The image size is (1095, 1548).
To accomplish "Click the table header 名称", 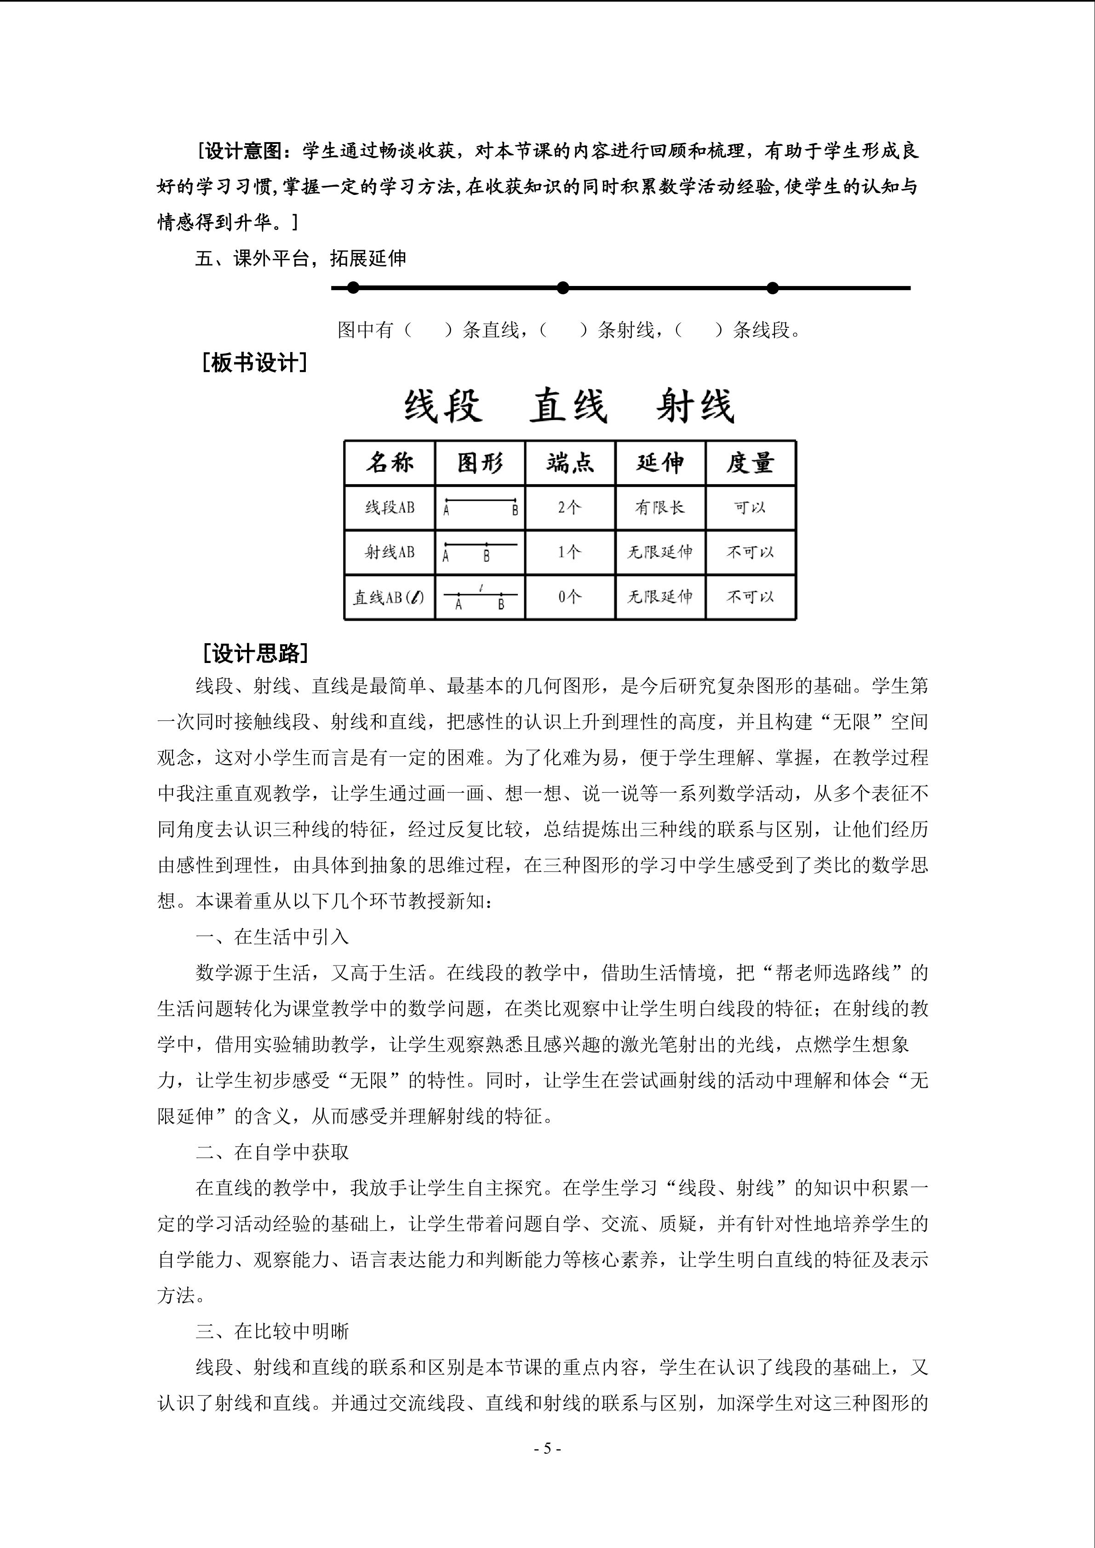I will (x=390, y=463).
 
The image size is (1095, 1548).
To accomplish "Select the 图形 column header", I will (x=480, y=463).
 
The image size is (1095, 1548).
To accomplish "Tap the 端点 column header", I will (x=570, y=463).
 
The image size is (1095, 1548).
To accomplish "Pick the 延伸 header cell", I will (x=660, y=463).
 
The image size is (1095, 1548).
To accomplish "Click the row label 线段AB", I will (x=390, y=507).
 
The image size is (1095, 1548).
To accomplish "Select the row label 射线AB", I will (x=390, y=552).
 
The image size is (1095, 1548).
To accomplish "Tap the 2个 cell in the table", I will (x=570, y=507).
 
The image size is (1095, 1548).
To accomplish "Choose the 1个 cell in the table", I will (x=570, y=552).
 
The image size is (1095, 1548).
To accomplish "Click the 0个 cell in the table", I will (x=570, y=597).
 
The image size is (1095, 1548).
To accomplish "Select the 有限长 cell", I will (x=660, y=507).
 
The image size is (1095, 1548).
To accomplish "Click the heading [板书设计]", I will (x=255, y=363).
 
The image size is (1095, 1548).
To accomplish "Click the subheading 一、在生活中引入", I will (x=272, y=937).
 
